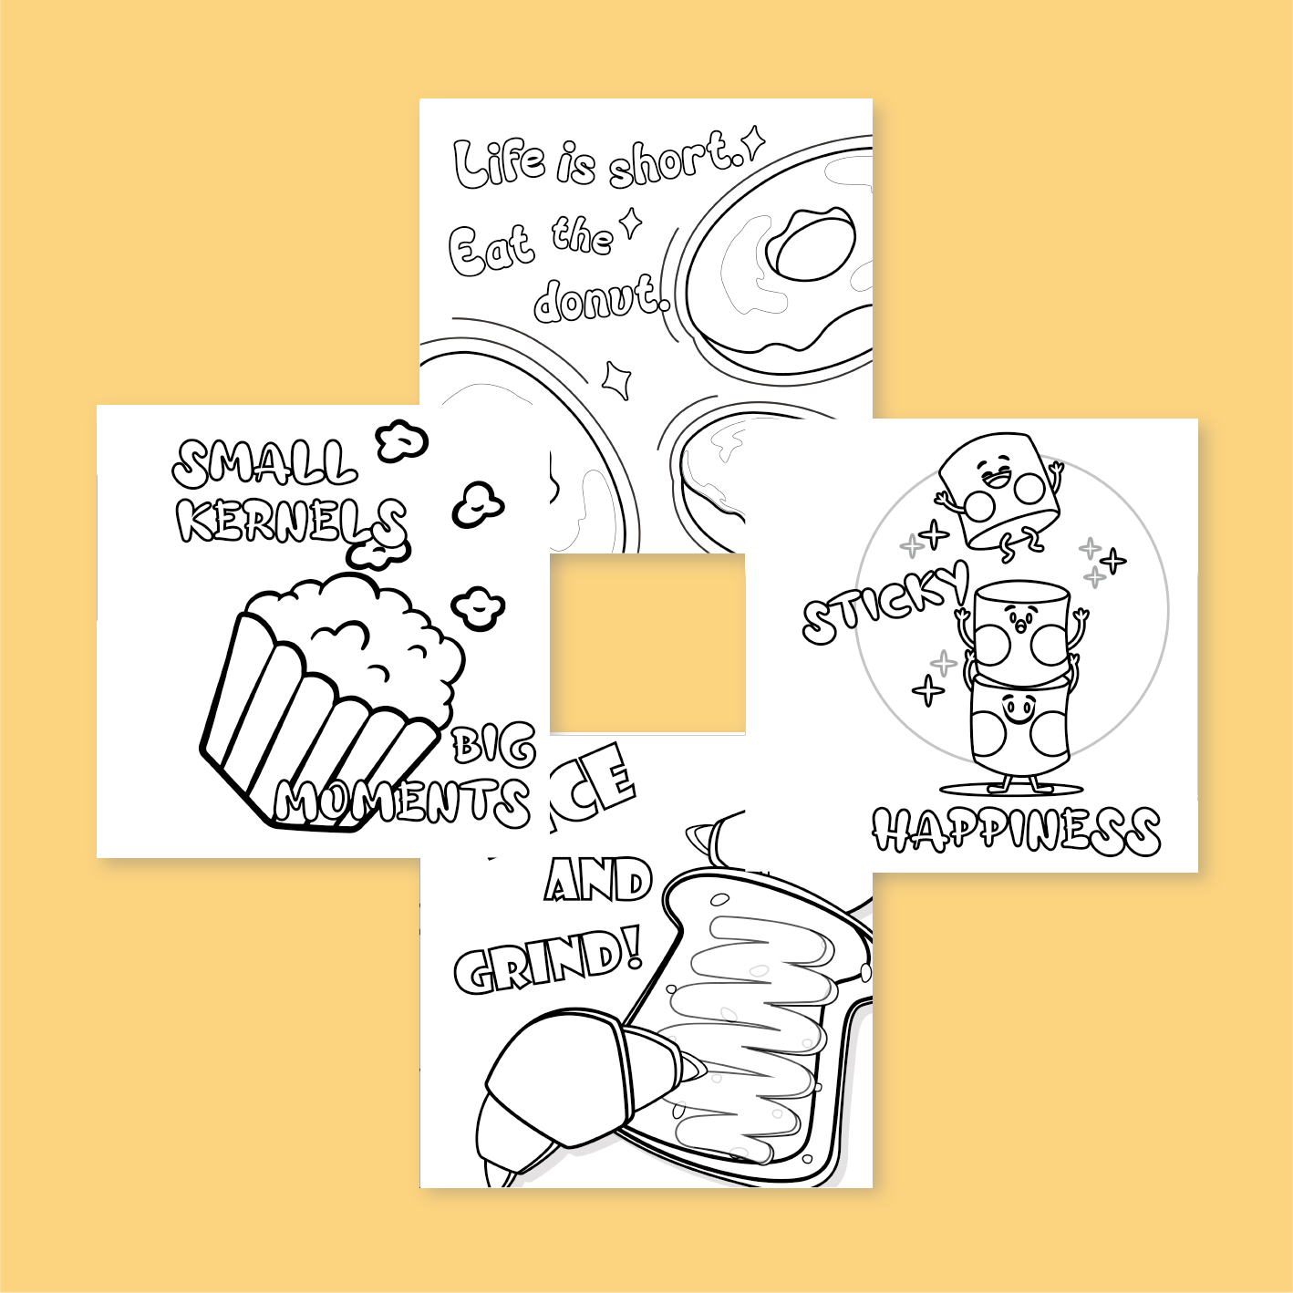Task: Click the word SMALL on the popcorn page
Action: click(264, 463)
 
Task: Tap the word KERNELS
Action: click(290, 522)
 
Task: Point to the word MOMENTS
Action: click(402, 802)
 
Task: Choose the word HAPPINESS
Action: click(1016, 831)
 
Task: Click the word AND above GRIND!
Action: click(598, 880)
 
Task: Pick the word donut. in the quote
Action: click(600, 298)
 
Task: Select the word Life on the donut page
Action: click(500, 163)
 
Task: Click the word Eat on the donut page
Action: click(490, 248)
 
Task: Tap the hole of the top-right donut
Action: click(811, 244)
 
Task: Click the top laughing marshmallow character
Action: click(999, 491)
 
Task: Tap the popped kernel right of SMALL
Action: click(400, 441)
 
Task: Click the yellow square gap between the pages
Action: click(647, 644)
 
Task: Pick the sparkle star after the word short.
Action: click(753, 143)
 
